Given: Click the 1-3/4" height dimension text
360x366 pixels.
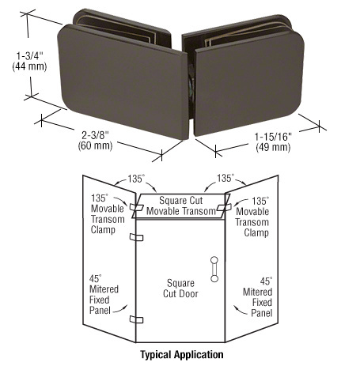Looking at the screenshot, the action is (x=29, y=56).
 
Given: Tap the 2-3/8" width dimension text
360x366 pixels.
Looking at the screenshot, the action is (x=95, y=135).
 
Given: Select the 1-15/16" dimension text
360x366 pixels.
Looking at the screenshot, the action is (x=273, y=137).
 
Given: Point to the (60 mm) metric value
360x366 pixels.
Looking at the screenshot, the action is (x=95, y=145).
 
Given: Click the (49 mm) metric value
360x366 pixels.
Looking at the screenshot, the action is (x=273, y=147).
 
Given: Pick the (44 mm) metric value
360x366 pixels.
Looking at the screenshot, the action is (x=29, y=66).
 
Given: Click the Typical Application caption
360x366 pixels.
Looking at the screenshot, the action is (x=182, y=355).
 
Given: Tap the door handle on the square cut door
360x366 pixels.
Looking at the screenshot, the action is (x=214, y=269).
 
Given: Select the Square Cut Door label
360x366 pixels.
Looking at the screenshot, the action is (x=180, y=289).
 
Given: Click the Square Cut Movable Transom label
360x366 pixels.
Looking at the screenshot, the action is (x=181, y=206).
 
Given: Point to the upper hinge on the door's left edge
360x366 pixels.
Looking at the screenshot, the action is (x=136, y=237).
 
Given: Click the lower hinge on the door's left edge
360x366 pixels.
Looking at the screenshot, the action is (x=136, y=319).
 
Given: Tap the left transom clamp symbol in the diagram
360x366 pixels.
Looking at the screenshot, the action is (x=135, y=207).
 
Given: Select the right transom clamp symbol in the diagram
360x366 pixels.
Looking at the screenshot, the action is (x=224, y=207).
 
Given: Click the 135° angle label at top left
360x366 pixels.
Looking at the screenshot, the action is (x=136, y=179).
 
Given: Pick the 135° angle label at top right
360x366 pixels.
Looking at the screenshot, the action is (x=225, y=179).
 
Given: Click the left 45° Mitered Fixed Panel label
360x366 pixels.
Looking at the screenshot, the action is (x=104, y=294).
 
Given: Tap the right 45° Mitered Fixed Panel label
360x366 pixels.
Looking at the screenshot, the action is (x=257, y=297).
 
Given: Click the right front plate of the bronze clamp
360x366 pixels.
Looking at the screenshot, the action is (x=248, y=83).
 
